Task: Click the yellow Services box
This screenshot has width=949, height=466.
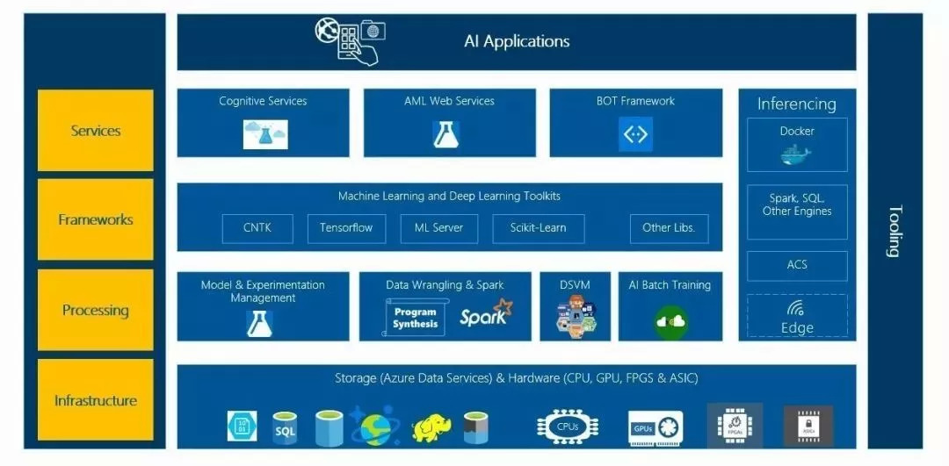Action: coord(95,131)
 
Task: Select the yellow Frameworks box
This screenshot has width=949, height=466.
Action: coord(95,219)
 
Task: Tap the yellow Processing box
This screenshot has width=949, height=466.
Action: coord(95,310)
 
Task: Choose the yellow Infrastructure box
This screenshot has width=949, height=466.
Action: coord(95,400)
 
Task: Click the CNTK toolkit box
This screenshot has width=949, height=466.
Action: coord(257,228)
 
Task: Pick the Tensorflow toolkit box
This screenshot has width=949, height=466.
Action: coord(346,228)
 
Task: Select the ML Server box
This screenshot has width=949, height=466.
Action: coord(438,228)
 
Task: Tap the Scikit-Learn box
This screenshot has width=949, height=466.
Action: coord(538,228)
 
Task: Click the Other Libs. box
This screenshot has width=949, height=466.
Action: coord(668,228)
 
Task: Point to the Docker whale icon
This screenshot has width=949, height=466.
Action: coord(796,154)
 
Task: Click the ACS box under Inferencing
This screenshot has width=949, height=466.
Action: coord(797,265)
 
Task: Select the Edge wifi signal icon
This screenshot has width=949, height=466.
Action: coord(796,309)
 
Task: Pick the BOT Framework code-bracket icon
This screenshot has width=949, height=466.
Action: coord(635,134)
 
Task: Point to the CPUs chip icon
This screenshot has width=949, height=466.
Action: coord(567,426)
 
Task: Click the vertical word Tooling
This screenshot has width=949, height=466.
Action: coord(895,232)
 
